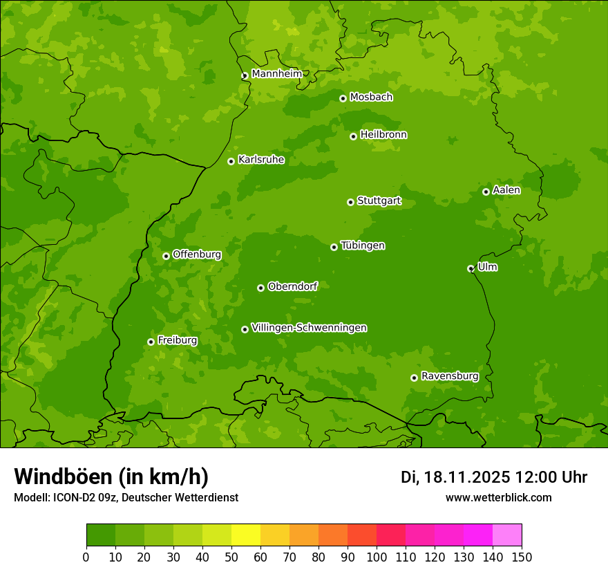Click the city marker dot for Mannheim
[x=245, y=76]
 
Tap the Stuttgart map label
[x=379, y=201]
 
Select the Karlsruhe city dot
[x=231, y=162]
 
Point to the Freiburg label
[x=177, y=340]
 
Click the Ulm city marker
[x=471, y=268]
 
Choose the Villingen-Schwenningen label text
[x=309, y=328]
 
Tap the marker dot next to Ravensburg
[x=415, y=378]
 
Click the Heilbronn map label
[x=383, y=135]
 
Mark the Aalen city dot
[x=486, y=192]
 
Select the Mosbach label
[x=371, y=98]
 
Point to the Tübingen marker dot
[x=334, y=247]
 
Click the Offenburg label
[x=197, y=254]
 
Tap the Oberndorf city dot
[x=261, y=288]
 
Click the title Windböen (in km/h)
[x=111, y=476]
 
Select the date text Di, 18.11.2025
[x=455, y=477]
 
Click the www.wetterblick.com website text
[x=498, y=498]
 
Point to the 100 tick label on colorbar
[x=377, y=557]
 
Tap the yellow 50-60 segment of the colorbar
[x=246, y=535]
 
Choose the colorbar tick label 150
[x=522, y=557]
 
